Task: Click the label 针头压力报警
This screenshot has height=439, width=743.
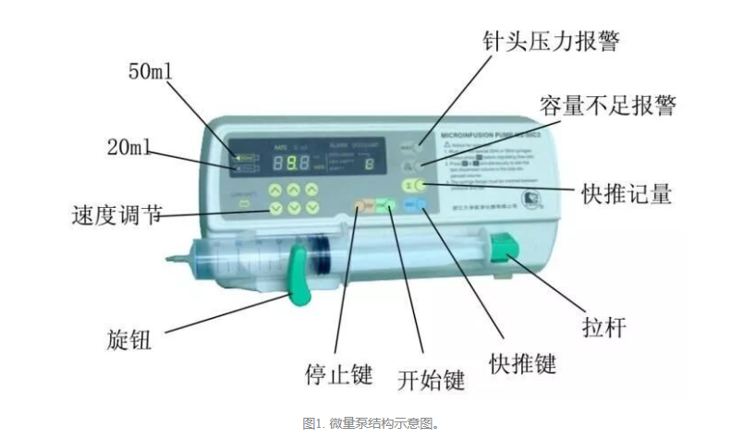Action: coord(551,42)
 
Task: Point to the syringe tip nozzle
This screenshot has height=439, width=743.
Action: coord(176,259)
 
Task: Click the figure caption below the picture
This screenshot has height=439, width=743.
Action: coord(371,423)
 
